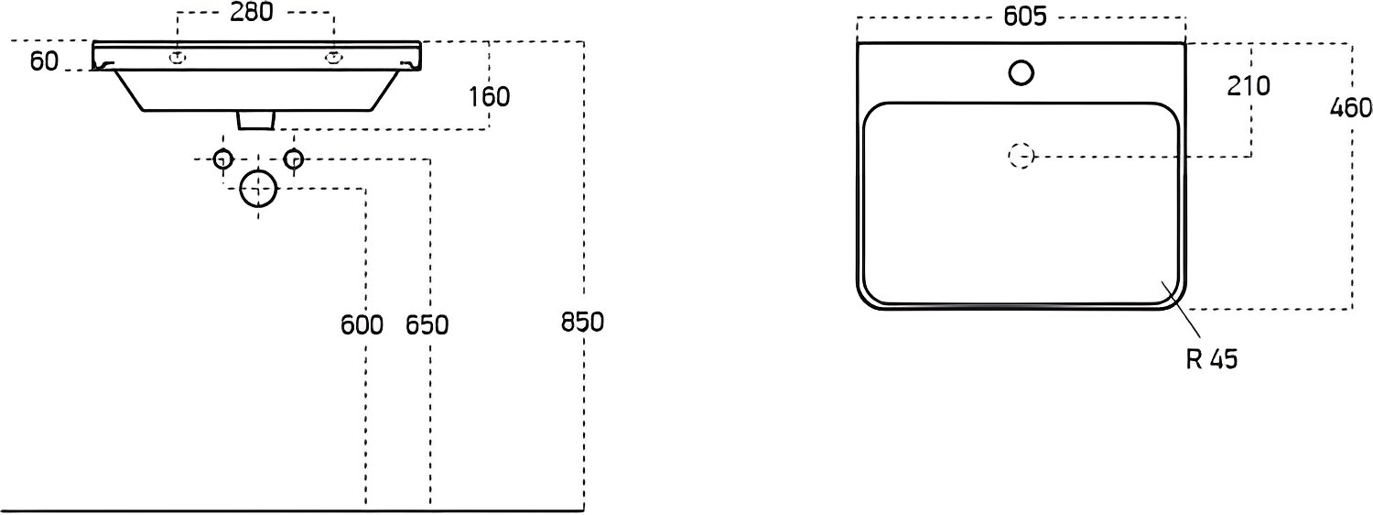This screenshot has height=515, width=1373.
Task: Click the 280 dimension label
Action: click(252, 12)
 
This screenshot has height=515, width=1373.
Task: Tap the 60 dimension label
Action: click(45, 60)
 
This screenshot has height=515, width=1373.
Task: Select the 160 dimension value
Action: click(489, 97)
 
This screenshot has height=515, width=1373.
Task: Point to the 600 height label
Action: click(362, 324)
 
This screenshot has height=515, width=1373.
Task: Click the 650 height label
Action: click(427, 324)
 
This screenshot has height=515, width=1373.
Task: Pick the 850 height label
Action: click(582, 322)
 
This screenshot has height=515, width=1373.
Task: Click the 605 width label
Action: click(1025, 16)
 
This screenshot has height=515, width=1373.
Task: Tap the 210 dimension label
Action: click(1248, 86)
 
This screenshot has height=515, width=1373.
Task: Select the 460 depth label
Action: click(1351, 108)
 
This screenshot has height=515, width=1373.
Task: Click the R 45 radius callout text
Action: click(1212, 359)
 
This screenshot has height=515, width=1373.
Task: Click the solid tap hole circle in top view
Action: click(1022, 73)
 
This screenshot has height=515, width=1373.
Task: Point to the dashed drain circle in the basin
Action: click(1022, 156)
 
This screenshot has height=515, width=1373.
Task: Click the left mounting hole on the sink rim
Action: click(178, 59)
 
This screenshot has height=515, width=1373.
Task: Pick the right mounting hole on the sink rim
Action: click(333, 59)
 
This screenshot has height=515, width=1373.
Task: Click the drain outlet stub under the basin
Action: click(254, 120)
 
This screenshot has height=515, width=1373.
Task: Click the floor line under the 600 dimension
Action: click(292, 510)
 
